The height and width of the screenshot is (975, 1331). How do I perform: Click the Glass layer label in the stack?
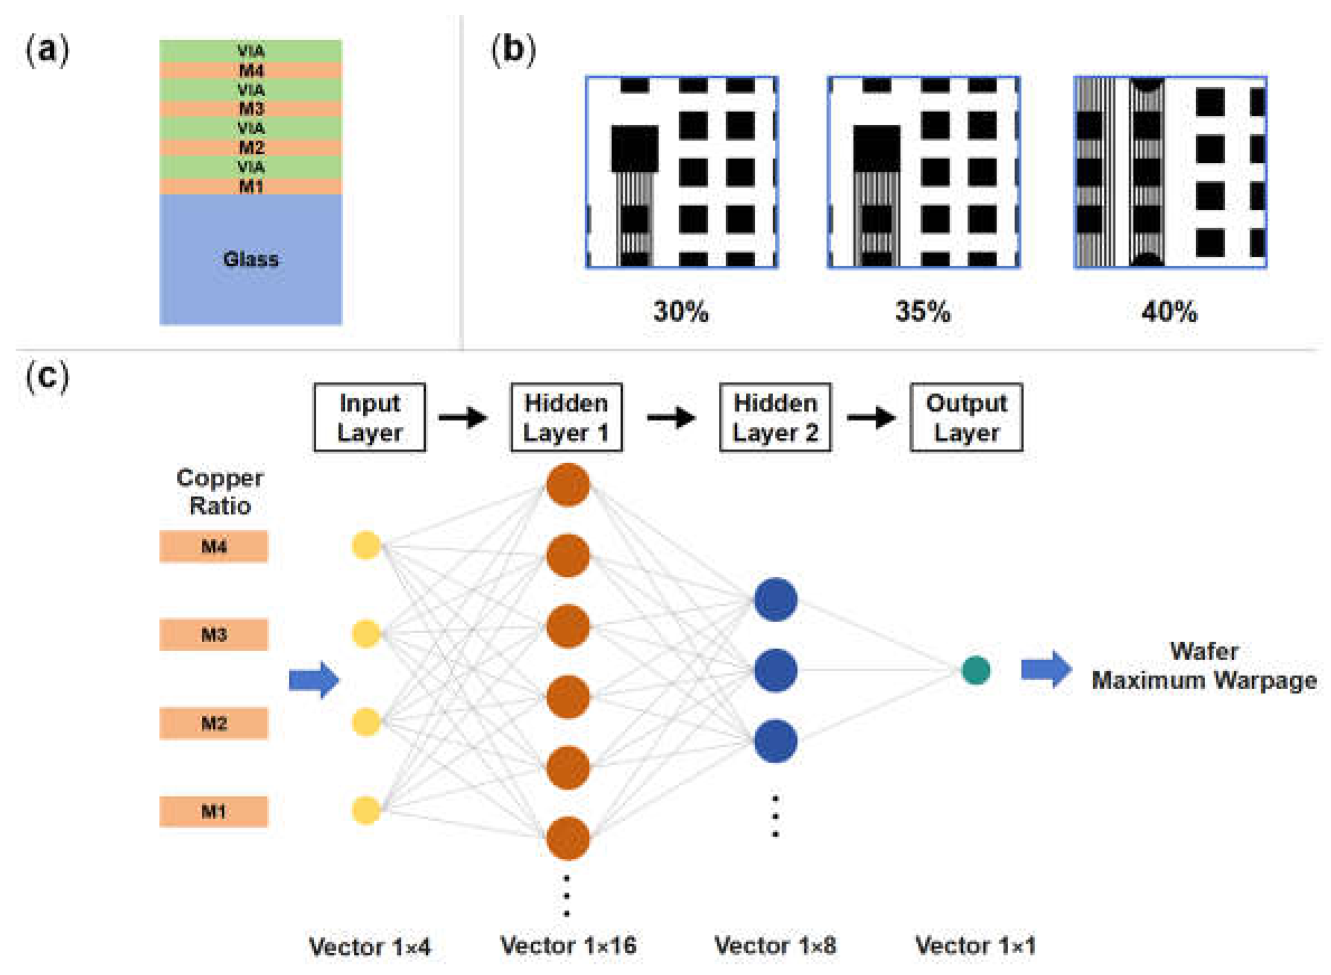pos(250,259)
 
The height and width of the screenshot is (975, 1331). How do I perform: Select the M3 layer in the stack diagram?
pos(250,109)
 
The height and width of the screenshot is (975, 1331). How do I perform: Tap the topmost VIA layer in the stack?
pos(250,51)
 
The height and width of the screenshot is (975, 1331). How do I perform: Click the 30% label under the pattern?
pos(680,311)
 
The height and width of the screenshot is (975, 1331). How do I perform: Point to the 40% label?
pos(1169,311)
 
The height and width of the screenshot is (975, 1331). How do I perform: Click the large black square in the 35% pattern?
pos(877,148)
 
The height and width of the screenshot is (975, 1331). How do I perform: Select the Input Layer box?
pos(369,417)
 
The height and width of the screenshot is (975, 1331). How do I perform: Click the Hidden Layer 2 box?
pos(775,417)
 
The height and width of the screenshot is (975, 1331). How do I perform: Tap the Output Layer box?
pos(966,417)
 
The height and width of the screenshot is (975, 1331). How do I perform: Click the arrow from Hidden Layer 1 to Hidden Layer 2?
pos(671,417)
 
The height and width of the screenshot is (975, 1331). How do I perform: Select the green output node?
pos(976,671)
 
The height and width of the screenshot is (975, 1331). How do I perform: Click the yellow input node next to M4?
pos(366,545)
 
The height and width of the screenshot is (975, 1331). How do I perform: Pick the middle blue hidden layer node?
pos(775,671)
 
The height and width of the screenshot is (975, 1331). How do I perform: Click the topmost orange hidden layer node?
pos(568,484)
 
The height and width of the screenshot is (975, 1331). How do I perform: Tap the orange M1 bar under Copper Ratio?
pos(214,812)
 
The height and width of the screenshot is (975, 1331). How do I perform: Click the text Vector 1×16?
pos(568,945)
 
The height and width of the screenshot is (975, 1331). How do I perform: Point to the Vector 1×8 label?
pos(775,945)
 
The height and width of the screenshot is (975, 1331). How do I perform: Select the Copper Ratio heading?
pos(219,492)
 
